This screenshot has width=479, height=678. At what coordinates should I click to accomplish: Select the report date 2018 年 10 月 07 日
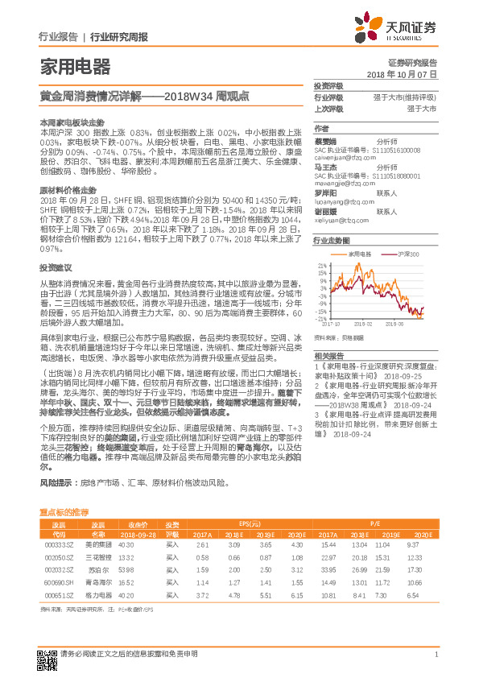click(401, 73)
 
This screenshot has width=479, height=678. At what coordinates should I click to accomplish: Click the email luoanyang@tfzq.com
click(341, 204)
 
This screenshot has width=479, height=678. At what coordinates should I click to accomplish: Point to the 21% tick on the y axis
click(323, 263)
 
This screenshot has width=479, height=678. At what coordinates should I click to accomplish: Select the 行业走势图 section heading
click(332, 240)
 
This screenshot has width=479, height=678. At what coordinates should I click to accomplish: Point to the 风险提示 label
click(55, 484)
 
